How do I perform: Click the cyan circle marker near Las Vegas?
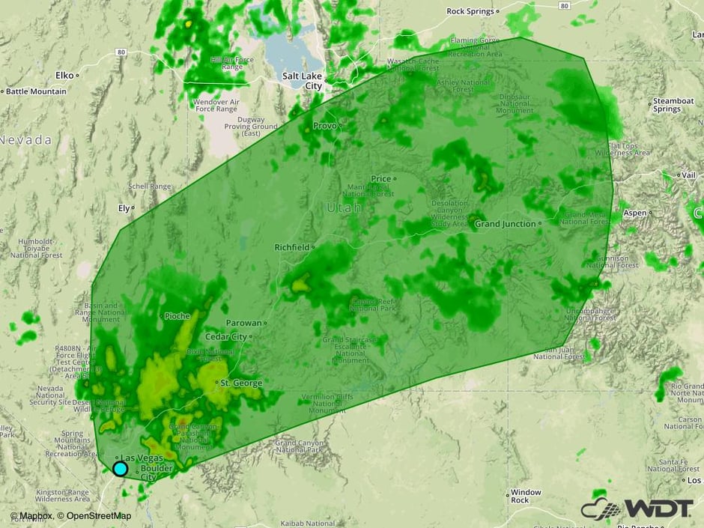(x=120, y=469)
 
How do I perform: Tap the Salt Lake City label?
(x=303, y=81)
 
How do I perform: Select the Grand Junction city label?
(x=506, y=224)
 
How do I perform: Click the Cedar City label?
(x=225, y=337)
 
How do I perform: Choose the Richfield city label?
(x=292, y=246)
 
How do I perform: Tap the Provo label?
(x=325, y=126)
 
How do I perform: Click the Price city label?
(x=381, y=179)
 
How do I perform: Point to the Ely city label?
(x=124, y=207)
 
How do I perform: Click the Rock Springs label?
(x=471, y=11)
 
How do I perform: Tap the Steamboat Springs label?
(x=667, y=104)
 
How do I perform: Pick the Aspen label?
(x=634, y=213)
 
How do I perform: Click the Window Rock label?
(x=525, y=496)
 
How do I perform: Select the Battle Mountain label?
(x=36, y=91)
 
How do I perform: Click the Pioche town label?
(x=177, y=316)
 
